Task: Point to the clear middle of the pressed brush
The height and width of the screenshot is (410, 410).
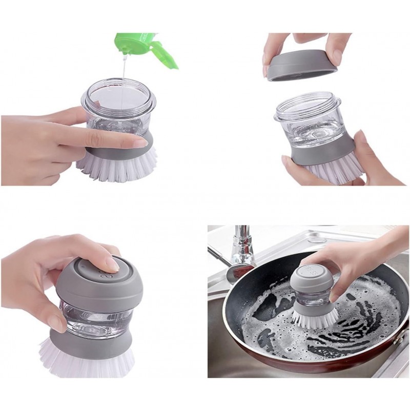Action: tap(97, 318)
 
